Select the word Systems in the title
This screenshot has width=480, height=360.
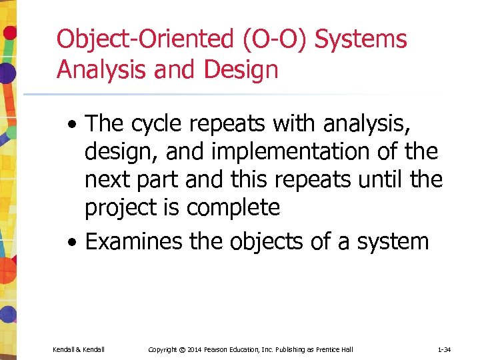[361, 40]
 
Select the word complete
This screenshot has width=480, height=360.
[233, 208]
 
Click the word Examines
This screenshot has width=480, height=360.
[134, 241]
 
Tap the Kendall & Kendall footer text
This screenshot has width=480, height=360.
[78, 349]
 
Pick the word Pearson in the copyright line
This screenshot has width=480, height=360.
[219, 349]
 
